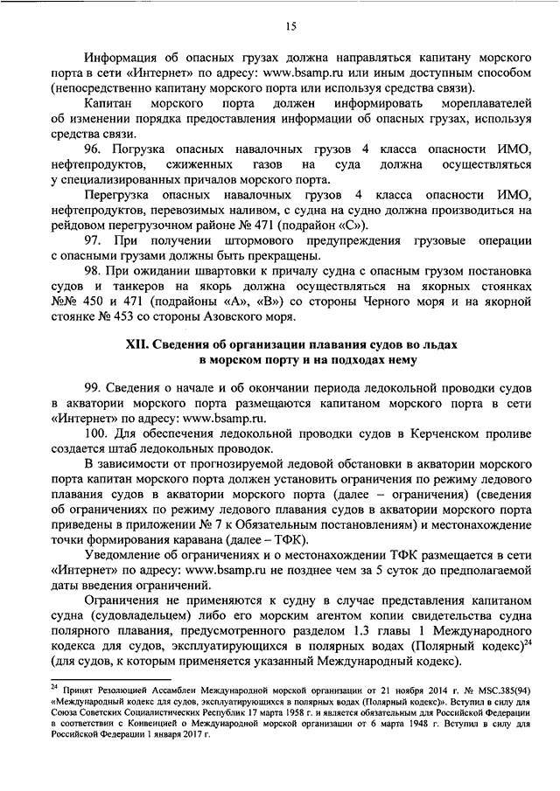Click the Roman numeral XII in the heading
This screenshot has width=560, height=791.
point(137,346)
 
